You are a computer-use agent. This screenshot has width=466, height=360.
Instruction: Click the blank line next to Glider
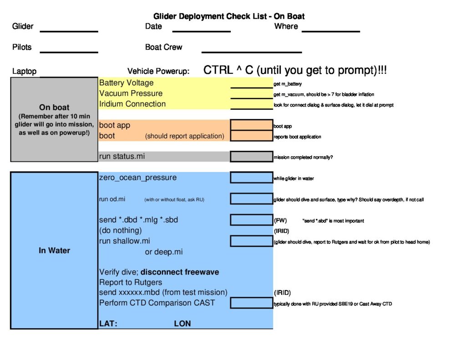click(69, 31)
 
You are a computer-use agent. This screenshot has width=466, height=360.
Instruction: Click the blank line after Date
click(202, 31)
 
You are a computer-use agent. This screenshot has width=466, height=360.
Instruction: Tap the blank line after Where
click(331, 31)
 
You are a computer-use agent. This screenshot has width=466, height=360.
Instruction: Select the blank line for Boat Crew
click(252, 52)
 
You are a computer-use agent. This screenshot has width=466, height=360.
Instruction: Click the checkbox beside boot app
click(251, 125)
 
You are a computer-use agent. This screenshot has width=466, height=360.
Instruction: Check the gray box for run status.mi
click(251, 157)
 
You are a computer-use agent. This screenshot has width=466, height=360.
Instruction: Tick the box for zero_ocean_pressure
click(251, 177)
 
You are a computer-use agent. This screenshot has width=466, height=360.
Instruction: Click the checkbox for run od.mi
click(251, 199)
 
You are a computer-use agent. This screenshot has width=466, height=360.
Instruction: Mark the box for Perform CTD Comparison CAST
click(251, 303)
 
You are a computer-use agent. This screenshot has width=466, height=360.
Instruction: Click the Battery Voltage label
click(127, 83)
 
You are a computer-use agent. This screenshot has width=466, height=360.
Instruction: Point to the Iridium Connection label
click(132, 104)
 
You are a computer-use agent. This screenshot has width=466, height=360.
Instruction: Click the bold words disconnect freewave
click(180, 272)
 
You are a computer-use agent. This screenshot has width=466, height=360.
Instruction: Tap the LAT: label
click(108, 324)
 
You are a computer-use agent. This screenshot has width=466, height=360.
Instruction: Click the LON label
click(182, 324)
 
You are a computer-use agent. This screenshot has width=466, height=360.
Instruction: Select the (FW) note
click(280, 221)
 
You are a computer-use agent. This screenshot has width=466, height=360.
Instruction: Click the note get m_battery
click(288, 84)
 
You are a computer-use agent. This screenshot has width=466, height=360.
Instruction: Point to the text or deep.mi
click(164, 252)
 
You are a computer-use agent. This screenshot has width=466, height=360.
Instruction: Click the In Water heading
click(55, 251)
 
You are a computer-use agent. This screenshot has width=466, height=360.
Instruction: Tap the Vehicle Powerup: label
click(158, 71)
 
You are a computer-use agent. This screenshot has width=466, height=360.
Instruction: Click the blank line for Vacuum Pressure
click(251, 98)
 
